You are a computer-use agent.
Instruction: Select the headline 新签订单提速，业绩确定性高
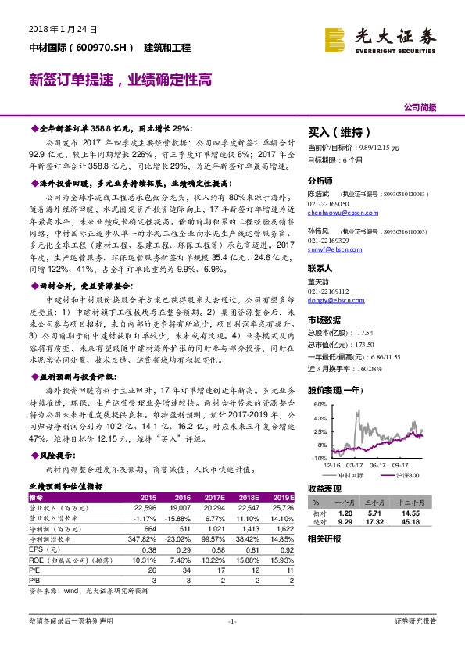[120, 80]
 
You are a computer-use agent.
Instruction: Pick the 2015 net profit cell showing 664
[148, 528]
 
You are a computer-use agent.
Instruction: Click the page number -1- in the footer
[231, 643]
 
